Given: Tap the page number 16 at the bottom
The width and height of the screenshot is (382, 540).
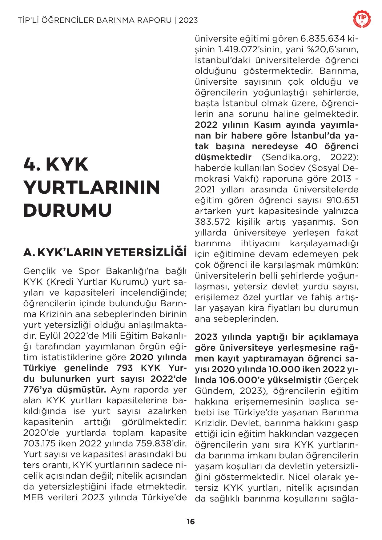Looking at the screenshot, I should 191,521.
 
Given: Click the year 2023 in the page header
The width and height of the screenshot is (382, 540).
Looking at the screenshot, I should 188,20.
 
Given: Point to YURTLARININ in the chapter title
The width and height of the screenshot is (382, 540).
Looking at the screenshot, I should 92,187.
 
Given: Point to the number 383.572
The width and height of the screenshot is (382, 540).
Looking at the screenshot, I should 210,222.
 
